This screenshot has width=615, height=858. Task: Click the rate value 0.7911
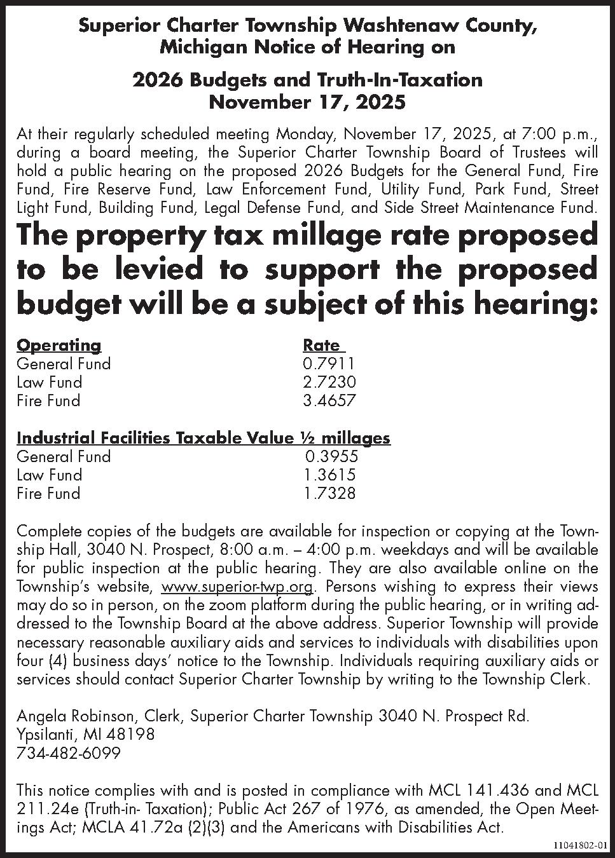click(329, 364)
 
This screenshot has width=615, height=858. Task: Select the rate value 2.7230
click(329, 382)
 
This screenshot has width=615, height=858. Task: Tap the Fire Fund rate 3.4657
click(329, 400)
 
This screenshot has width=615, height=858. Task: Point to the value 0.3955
click(331, 456)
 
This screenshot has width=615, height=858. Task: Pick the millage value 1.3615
click(329, 475)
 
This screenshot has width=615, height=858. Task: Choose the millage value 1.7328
click(329, 493)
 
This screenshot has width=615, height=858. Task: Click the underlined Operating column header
click(59, 345)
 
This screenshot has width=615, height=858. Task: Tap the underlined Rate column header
click(322, 345)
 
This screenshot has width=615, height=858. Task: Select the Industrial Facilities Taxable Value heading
click(203, 438)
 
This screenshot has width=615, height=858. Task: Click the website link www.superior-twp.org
click(238, 587)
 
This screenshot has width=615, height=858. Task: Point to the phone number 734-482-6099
click(68, 753)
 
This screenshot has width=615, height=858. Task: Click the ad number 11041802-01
click(581, 845)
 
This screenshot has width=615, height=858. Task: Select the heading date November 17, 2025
click(307, 101)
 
